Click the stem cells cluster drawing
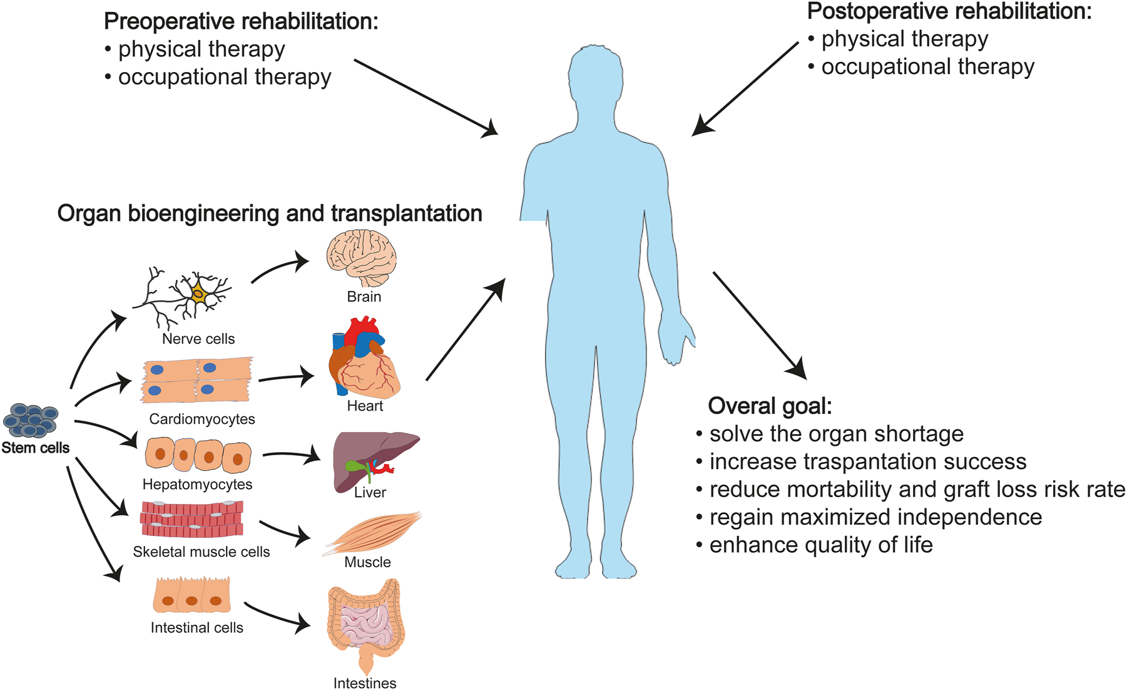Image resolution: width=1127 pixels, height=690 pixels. click(30, 420)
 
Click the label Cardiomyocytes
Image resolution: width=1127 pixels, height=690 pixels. click(201, 419)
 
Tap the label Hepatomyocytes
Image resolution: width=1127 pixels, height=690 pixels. click(197, 484)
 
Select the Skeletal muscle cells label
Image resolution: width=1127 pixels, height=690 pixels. click(201, 552)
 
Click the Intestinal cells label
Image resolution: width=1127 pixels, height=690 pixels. click(196, 627)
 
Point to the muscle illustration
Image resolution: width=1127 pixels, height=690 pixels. click(373, 532)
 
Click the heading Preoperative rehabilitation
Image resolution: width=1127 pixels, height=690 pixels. click(241, 21)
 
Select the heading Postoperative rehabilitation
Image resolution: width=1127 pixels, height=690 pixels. click(949, 11)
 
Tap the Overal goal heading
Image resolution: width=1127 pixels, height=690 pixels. click(770, 406)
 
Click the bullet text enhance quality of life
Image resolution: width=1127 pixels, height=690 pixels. click(820, 545)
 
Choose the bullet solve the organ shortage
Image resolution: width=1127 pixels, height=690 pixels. click(836, 433)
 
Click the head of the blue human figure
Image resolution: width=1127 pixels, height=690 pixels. click(595, 78)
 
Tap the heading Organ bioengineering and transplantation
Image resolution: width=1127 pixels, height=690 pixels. click(269, 214)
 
